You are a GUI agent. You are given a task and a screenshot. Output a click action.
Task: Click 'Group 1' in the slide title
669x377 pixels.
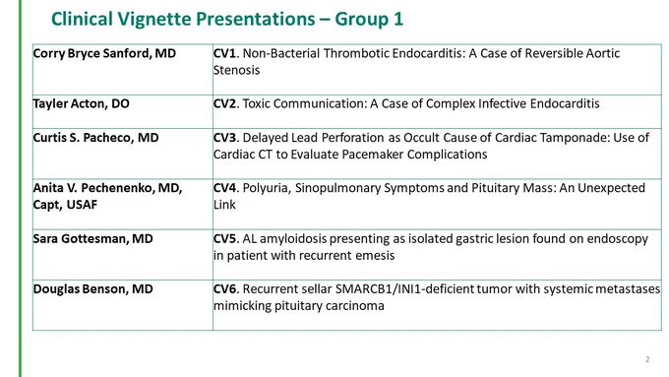[x=369, y=20]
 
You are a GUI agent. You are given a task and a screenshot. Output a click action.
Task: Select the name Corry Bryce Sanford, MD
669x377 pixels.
[x=104, y=53]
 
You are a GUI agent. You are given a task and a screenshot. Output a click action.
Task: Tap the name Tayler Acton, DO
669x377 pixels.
[x=81, y=103]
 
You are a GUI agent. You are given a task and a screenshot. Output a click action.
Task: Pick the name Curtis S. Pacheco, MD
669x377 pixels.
[x=96, y=138]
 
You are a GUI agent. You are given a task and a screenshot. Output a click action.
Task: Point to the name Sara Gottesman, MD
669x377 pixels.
[x=93, y=238]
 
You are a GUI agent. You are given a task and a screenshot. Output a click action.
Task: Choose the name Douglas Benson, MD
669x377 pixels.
[x=93, y=289]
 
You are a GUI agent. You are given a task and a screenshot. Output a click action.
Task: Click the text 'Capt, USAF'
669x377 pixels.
[x=65, y=205]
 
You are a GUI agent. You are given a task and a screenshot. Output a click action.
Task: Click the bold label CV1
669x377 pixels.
[x=224, y=53]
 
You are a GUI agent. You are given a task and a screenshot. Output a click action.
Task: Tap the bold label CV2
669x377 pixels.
[x=224, y=103]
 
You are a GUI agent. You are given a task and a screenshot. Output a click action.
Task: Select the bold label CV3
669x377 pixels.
[x=224, y=138]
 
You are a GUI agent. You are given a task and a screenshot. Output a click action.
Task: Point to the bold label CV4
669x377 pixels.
[x=224, y=188]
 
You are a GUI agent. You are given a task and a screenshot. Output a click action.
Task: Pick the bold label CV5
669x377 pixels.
[x=224, y=238]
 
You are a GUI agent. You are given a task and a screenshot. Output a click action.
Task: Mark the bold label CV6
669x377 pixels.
[x=224, y=289]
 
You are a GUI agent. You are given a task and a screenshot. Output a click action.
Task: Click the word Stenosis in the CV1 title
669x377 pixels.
[x=236, y=70]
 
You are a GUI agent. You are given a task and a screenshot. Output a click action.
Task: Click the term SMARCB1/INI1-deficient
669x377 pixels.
[x=404, y=289]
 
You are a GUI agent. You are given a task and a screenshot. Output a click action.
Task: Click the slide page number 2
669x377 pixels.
[x=647, y=359]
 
